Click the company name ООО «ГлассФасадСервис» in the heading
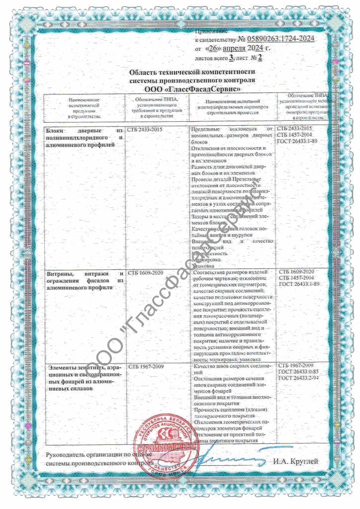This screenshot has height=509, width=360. pos(192,88)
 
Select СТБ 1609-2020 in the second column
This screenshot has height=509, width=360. pos(145,272)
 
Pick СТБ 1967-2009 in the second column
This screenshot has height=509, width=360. pos(145,366)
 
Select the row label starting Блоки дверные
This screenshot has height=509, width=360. pos(84,137)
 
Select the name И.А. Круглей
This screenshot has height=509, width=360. pos(295,461)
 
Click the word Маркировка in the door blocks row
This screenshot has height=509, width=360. pos(204,259)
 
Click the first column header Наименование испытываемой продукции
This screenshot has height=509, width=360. pos(84,108)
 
